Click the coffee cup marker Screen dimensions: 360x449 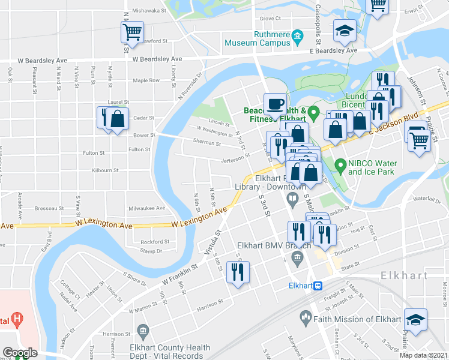[x=275, y=104]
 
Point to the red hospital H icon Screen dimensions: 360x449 [x=18, y=318]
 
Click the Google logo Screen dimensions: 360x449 [x=20, y=353]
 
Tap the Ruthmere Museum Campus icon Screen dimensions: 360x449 [x=297, y=38]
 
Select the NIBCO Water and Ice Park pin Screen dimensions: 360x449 [x=340, y=164]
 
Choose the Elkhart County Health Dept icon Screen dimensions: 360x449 [x=142, y=331]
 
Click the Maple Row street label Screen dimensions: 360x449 [x=146, y=80]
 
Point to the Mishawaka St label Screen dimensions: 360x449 [x=149, y=11]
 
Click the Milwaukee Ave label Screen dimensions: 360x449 [x=146, y=208]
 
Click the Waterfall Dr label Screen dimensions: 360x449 [x=427, y=199]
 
